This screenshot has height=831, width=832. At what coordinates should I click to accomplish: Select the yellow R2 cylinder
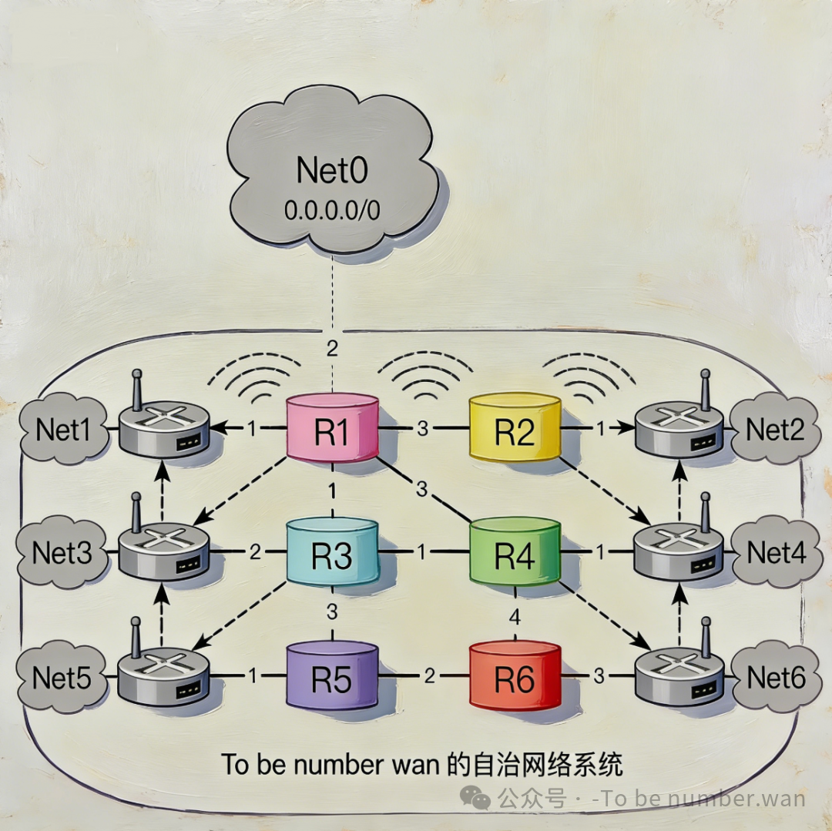coord(515,430)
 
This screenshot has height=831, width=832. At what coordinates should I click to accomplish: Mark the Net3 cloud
coord(62,553)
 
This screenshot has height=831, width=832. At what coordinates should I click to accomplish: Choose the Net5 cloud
coord(62,678)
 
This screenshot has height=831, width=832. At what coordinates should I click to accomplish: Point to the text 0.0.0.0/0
coord(333,210)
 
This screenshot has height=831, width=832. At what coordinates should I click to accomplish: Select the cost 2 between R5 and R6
coord(429,676)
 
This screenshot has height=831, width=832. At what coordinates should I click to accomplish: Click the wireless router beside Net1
coord(163,427)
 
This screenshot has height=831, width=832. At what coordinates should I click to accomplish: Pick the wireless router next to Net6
coord(679,674)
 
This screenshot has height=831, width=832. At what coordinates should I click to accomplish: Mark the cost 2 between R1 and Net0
coord(332,349)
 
